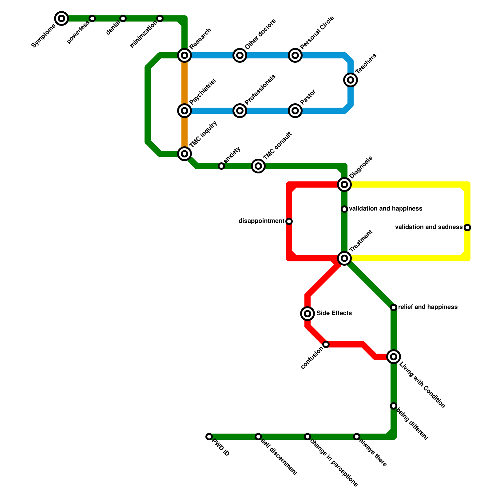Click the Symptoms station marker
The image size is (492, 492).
tap(61, 18)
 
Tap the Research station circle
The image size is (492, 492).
tap(184, 55)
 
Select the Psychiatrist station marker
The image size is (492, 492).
tap(184, 110)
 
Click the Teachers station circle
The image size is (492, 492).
tap(351, 80)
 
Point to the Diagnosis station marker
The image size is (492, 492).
tap(344, 184)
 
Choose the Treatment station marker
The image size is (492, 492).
tap(344, 258)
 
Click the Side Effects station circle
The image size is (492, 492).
tap(307, 313)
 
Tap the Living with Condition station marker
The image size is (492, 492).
tap(394, 357)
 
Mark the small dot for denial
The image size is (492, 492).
tap(123, 18)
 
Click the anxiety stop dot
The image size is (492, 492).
tap(221, 166)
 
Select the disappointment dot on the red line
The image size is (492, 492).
tap(289, 221)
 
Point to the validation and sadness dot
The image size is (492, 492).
tap(467, 228)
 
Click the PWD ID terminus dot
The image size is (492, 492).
tap(209, 437)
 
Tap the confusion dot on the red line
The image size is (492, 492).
tap(326, 344)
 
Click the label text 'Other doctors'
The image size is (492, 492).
tap(260, 34)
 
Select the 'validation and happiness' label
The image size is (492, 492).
tap(386, 209)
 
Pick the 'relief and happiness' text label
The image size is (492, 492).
tap(428, 307)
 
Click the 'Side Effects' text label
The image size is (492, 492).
tap(334, 313)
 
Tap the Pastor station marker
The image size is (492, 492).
tap(295, 110)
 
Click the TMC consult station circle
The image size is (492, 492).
tap(258, 166)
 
